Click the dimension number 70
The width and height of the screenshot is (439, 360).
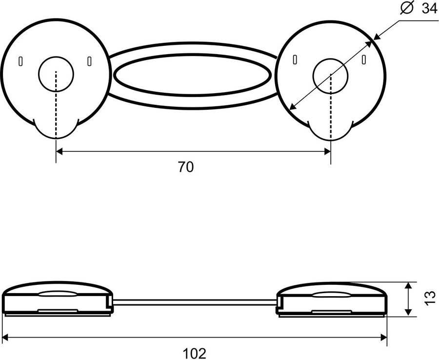click(186, 167)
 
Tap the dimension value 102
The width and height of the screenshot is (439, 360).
click(194, 354)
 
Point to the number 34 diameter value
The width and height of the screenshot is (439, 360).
click(430, 9)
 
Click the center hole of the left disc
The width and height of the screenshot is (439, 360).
click(56, 74)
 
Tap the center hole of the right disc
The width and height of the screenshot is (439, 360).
click(330, 76)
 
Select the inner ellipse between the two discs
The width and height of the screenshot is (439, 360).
click(192, 54)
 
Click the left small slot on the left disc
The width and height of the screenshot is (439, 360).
click(20, 61)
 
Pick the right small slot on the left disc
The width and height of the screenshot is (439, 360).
click(89, 61)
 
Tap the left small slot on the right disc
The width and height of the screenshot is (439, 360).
click(295, 60)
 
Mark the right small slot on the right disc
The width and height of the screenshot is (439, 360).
click(364, 60)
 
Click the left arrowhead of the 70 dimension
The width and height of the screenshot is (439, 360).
click(59, 152)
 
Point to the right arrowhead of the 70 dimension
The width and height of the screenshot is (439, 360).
click(328, 152)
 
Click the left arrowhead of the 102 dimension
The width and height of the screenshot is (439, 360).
click(4, 338)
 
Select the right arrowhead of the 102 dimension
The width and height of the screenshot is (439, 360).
click(384, 338)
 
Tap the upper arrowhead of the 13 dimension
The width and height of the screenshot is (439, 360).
click(409, 285)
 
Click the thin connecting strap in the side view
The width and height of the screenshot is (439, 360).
click(195, 302)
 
